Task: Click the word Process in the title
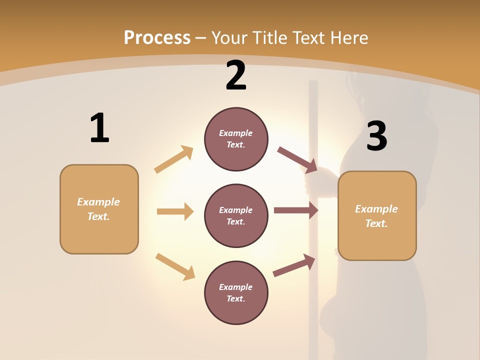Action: tap(157, 38)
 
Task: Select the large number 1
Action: tap(99, 128)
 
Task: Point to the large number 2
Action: tap(236, 76)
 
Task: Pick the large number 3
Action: tap(376, 136)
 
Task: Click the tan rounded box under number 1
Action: tap(99, 209)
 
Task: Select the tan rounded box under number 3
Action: tap(377, 215)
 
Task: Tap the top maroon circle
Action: tap(236, 139)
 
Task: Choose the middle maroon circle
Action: tap(236, 215)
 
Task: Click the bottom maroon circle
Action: tap(236, 292)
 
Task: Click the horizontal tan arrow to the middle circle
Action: tap(175, 211)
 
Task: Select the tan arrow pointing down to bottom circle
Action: tap(175, 266)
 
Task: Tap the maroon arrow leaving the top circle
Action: tap(297, 159)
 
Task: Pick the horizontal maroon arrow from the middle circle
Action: tap(296, 210)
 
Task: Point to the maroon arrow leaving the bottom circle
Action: tap(294, 265)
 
